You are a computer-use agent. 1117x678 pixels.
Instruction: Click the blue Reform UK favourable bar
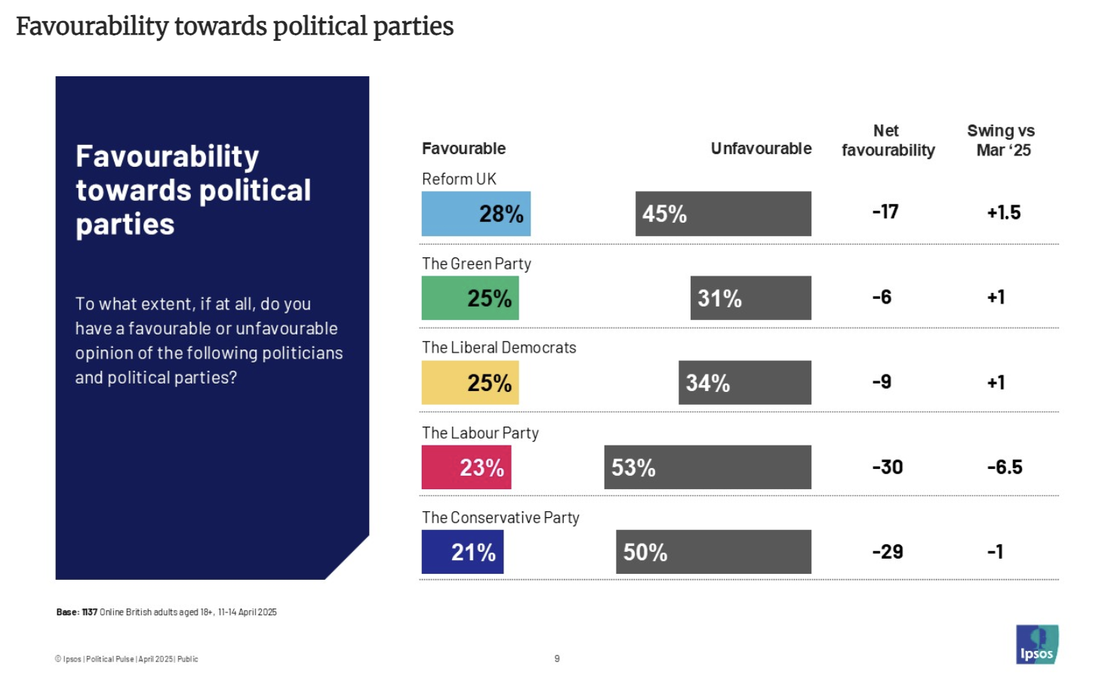[475, 214]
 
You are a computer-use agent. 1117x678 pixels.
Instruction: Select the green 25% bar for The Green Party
[469, 298]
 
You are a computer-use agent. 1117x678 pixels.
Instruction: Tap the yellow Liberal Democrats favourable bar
[469, 383]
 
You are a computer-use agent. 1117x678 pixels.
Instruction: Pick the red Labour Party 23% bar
[466, 467]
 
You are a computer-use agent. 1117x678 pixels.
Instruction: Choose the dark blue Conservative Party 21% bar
[462, 552]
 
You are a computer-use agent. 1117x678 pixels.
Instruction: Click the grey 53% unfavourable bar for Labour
[707, 467]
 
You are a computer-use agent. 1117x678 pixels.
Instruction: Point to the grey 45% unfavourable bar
[723, 214]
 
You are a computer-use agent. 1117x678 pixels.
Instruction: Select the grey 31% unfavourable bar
[750, 298]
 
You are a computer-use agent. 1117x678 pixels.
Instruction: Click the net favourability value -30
[888, 467]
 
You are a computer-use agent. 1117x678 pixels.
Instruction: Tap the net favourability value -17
[885, 212]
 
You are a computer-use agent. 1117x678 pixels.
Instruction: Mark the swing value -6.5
[1005, 467]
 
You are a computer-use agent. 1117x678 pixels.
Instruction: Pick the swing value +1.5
[1004, 213]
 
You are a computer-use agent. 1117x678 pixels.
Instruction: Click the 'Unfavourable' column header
[761, 149]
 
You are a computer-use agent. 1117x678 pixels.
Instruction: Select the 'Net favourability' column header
[888, 140]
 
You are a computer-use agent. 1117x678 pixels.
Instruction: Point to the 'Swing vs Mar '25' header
[1002, 140]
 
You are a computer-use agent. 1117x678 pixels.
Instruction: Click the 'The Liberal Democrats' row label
[499, 348]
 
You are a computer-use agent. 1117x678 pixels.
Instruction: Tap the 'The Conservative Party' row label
[500, 518]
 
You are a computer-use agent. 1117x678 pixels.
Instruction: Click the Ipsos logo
[1037, 645]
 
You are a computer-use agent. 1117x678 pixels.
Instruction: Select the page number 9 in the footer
[557, 659]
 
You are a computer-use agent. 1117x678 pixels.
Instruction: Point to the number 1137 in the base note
[90, 612]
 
